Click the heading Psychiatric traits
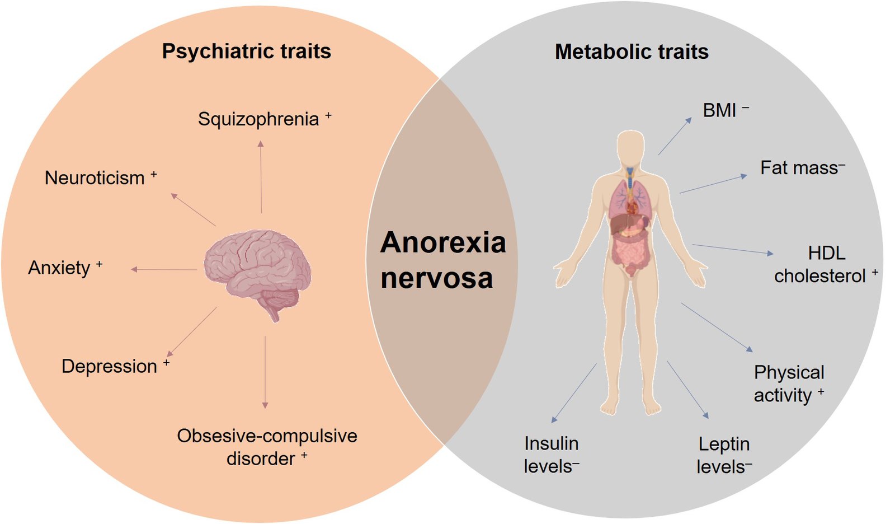coord(247,52)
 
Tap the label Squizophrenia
coord(258,119)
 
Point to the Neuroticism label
coord(95,178)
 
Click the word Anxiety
coord(59,268)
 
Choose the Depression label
coord(110,366)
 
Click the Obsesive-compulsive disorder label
coord(267,447)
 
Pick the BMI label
coord(719,110)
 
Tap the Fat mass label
coord(799,168)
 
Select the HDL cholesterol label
coord(820,265)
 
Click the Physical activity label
coord(789,384)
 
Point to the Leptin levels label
coord(723,456)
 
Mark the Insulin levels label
coord(552,455)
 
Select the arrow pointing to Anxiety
coord(164,270)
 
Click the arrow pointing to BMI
coord(675,136)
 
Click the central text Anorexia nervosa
coord(442,260)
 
